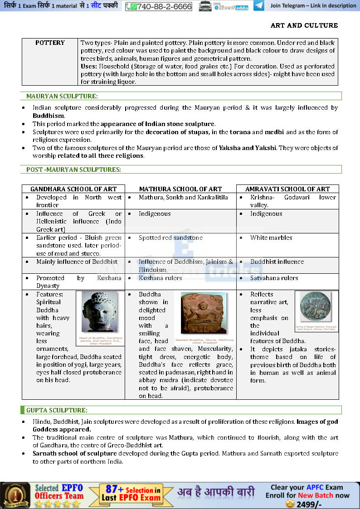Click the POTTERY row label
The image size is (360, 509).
(x=50, y=43)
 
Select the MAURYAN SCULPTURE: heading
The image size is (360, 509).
(x=62, y=96)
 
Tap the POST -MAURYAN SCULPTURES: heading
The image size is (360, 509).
(x=73, y=170)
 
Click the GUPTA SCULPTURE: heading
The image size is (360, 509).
(x=57, y=410)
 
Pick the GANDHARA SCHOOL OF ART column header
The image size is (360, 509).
(x=73, y=189)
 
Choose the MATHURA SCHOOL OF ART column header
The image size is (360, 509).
(x=180, y=189)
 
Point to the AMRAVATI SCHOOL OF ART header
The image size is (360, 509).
(x=287, y=189)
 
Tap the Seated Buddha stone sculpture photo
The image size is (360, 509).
(x=203, y=313)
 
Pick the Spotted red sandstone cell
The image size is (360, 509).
(x=170, y=238)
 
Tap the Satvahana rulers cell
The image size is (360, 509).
(x=274, y=278)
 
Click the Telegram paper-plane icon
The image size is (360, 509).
(x=259, y=6)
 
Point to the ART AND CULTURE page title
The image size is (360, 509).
(x=304, y=25)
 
